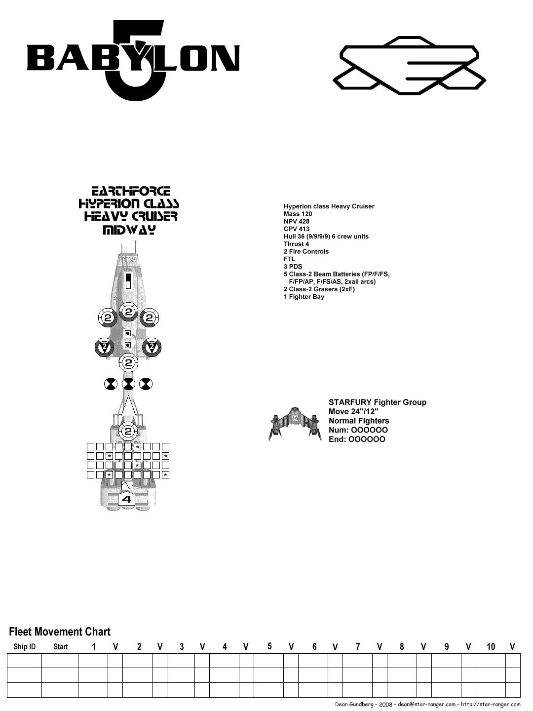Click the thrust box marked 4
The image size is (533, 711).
(127, 499)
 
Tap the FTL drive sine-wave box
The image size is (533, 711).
(127, 485)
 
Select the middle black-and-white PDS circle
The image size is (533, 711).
(128, 384)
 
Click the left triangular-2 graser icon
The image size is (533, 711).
(104, 348)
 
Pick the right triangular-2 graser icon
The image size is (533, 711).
(152, 348)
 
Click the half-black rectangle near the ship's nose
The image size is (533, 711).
(128, 280)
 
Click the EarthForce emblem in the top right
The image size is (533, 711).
(410, 66)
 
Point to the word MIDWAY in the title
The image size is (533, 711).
(128, 230)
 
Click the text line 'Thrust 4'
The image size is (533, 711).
(296, 244)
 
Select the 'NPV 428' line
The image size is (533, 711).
(297, 221)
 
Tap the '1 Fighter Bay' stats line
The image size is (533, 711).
(304, 297)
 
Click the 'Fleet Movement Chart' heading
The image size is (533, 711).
(60, 632)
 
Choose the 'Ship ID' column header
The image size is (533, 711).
(24, 647)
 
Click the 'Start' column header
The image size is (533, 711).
(60, 647)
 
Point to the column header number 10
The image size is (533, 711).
(491, 647)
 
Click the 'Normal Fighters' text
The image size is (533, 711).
(359, 421)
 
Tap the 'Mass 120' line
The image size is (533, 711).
(298, 214)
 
